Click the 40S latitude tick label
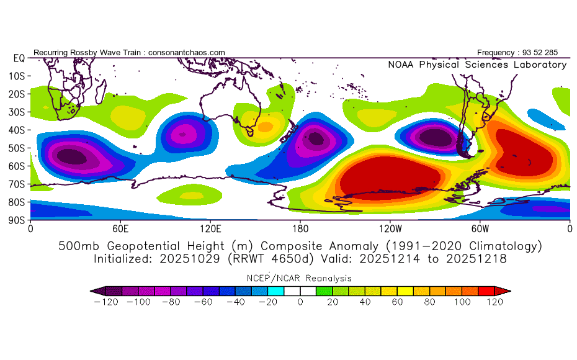click(x=16, y=130)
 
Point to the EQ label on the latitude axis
click(x=18, y=58)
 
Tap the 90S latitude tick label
click(x=16, y=220)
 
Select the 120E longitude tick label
click(x=210, y=228)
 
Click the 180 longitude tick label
click(x=300, y=228)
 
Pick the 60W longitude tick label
click(x=480, y=228)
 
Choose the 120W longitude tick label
click(x=390, y=228)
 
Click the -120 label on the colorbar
click(x=108, y=302)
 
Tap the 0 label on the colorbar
click(x=300, y=302)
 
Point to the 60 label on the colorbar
click(x=397, y=302)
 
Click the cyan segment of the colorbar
click(x=276, y=290)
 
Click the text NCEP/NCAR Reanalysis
click(x=300, y=278)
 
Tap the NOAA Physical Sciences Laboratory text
click(x=477, y=65)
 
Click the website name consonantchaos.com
click(x=186, y=53)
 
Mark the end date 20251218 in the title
click(x=476, y=258)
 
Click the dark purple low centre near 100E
click(x=183, y=133)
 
